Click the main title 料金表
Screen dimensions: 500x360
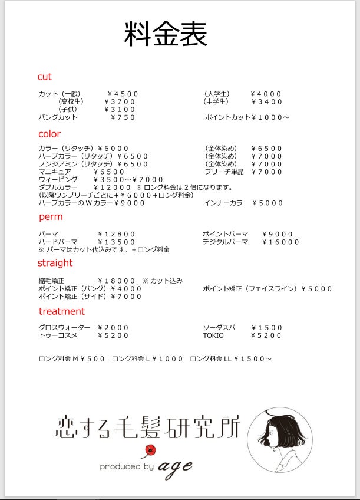coord(165,34)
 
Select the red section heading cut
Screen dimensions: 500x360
coord(45,77)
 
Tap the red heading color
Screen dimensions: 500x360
coord(49,134)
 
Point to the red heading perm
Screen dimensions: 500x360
coord(51,218)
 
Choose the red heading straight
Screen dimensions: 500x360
coord(55,264)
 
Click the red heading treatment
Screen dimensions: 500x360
coord(62,311)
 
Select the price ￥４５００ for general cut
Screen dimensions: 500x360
coord(123,94)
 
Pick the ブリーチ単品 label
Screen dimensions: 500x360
coord(224,172)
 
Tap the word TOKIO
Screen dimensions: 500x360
coord(213,335)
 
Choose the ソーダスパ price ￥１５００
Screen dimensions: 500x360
coord(266,328)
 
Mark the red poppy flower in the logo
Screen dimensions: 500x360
coord(151,450)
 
